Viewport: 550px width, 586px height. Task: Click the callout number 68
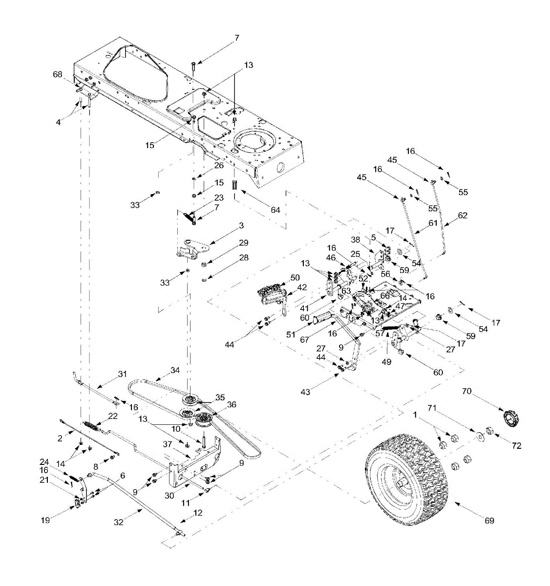tap(58, 75)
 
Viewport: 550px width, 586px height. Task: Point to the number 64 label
tap(276, 210)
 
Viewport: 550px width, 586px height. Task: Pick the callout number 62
tap(463, 215)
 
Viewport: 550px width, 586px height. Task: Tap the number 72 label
tap(516, 445)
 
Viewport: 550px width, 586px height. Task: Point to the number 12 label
tap(198, 513)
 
